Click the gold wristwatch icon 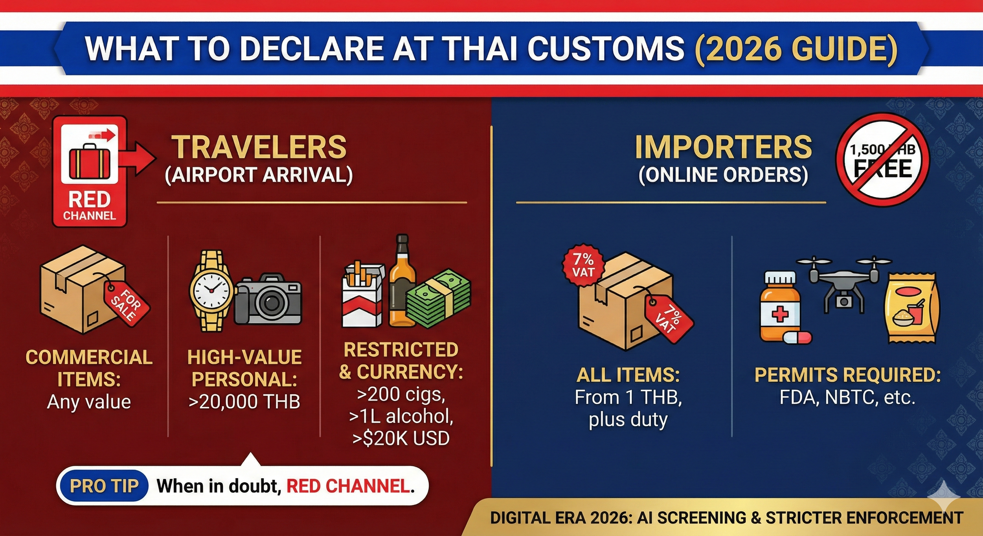pyautogui.click(x=211, y=291)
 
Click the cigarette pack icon pyautogui.click(x=362, y=296)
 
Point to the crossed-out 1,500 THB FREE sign pyautogui.click(x=882, y=160)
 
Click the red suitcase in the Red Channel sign pyautogui.click(x=90, y=162)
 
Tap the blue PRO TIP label pyautogui.click(x=104, y=486)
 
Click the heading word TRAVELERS pyautogui.click(x=259, y=147)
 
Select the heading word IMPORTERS pyautogui.click(x=724, y=147)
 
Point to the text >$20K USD pyautogui.click(x=401, y=438)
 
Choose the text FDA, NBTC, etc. pyautogui.click(x=847, y=398)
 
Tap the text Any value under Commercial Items pyautogui.click(x=89, y=402)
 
